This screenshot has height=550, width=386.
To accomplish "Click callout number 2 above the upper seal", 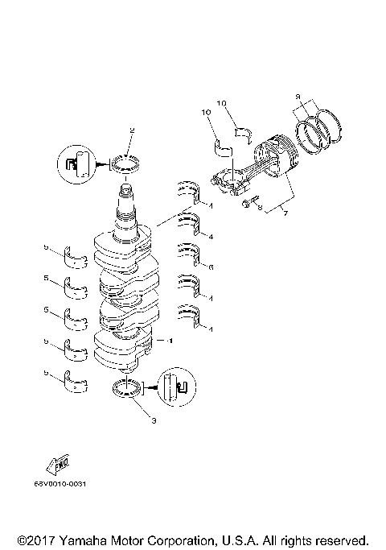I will point(132,130).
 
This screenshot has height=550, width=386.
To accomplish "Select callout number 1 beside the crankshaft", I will point(170,341).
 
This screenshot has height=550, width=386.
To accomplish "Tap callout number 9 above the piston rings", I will point(298,97).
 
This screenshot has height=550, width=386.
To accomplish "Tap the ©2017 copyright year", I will point(35,539).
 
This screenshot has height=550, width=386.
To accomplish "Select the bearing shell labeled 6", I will point(189,254).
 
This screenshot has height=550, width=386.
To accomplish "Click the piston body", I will point(273,162).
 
